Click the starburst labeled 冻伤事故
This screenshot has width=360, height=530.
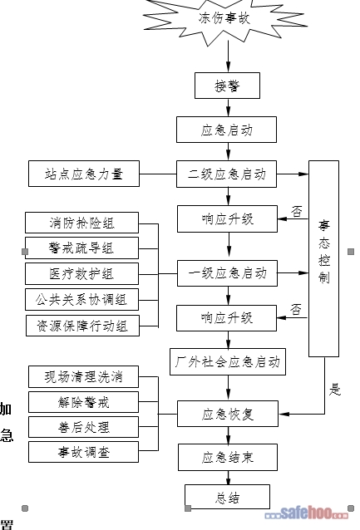(224, 18)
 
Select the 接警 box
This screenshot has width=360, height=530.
(227, 86)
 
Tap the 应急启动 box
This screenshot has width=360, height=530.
(226, 130)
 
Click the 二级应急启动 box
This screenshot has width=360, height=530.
(226, 174)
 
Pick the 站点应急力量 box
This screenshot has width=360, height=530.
(84, 174)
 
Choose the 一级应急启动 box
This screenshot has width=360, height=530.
(227, 273)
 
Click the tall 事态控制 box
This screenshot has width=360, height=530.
(323, 258)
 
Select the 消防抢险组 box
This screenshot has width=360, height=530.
(81, 223)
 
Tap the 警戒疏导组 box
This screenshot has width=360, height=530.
(81, 248)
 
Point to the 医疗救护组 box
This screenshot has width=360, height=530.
(81, 274)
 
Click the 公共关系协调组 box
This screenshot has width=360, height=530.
(81, 300)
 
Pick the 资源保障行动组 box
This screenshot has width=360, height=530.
(82, 326)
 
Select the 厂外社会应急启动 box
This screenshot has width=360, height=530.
(228, 361)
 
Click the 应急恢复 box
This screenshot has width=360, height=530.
(228, 414)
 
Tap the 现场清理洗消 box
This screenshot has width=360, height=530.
(84, 376)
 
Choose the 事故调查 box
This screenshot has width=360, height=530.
(84, 452)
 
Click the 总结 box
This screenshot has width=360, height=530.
(227, 497)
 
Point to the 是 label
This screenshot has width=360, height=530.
(334, 390)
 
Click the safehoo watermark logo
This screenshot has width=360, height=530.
(307, 513)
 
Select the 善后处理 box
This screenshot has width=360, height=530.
(84, 427)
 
